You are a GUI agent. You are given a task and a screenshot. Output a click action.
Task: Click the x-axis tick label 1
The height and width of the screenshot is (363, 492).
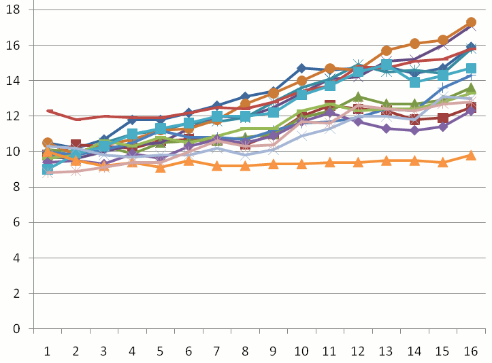point(48,351)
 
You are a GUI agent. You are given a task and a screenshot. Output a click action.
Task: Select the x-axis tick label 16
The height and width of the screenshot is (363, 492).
point(470,351)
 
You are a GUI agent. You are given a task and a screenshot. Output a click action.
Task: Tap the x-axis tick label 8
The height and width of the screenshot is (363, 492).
point(245,351)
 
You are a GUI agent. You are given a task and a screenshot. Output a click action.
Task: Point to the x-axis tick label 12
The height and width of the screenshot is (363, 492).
point(357,351)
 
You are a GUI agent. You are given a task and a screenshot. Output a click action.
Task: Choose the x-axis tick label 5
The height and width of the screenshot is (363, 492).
point(160,351)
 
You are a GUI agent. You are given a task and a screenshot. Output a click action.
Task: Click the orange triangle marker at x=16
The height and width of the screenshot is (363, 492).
point(470,155)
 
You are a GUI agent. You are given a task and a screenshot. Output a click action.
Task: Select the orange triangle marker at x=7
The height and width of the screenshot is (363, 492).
point(216,165)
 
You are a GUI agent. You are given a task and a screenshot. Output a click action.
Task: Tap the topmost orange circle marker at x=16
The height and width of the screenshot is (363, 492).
point(470,22)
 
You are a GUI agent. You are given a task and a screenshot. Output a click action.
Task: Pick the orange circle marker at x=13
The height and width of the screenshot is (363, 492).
point(386,51)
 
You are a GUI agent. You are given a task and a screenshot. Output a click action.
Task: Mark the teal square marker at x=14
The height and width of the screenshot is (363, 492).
point(414,82)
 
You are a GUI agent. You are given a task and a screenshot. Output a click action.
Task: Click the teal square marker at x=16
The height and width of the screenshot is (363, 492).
point(470,69)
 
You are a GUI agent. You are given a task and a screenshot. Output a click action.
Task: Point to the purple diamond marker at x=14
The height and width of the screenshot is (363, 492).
point(414,130)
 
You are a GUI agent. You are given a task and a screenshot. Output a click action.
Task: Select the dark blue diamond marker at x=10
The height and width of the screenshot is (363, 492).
point(301,69)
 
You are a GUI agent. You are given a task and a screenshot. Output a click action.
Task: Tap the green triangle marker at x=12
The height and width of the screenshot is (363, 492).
point(358,97)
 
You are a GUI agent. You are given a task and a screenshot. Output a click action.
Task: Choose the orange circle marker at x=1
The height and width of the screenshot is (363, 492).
point(48,143)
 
